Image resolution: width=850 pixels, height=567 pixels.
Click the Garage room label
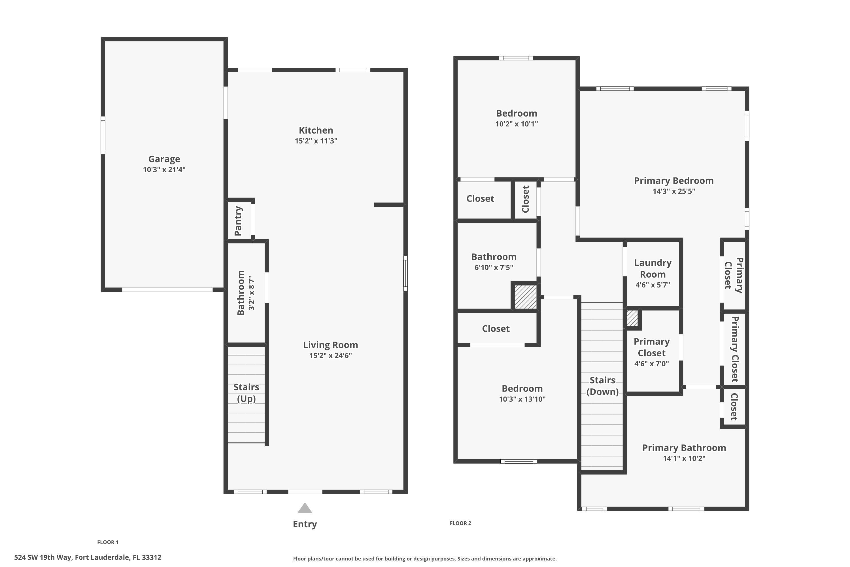point(164,159)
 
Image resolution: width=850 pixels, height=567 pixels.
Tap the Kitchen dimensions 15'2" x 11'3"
point(316,141)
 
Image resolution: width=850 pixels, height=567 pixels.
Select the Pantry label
point(238,221)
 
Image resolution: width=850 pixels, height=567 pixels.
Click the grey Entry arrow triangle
point(305,508)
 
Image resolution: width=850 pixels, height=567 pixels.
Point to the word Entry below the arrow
point(305,524)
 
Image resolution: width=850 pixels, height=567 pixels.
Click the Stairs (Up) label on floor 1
point(246,393)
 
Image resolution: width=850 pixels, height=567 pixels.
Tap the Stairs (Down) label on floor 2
point(602,386)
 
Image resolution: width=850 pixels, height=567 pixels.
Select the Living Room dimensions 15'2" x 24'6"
point(330,356)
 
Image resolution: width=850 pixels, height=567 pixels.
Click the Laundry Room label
point(653,268)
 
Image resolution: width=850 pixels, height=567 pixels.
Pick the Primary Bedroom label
point(674,181)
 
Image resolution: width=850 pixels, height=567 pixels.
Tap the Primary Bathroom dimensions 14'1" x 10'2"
point(684,458)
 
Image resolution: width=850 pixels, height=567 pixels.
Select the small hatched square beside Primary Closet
point(632,318)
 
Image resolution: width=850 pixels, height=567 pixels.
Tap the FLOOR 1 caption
point(108,542)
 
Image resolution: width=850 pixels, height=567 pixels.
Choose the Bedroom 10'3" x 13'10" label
point(522,389)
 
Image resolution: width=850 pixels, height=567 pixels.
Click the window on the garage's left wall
point(103,135)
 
